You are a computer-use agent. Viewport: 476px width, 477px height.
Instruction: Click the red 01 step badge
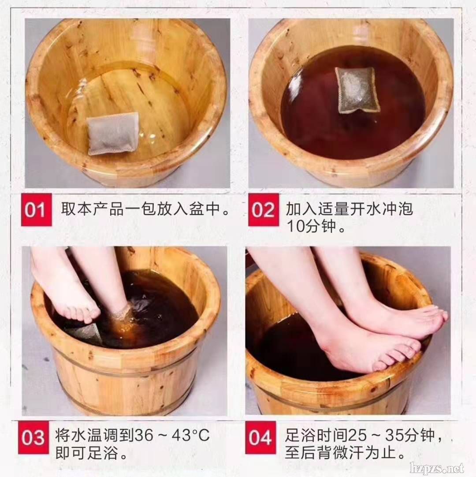[x=36, y=209]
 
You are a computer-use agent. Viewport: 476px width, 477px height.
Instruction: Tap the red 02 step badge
[x=264, y=209]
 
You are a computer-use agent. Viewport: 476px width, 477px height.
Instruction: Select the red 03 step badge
[x=33, y=437]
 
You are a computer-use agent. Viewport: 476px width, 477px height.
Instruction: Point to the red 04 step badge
[x=260, y=437]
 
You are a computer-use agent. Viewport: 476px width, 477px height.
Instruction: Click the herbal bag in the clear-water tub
[x=113, y=133]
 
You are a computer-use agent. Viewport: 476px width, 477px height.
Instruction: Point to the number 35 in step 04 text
[x=395, y=435]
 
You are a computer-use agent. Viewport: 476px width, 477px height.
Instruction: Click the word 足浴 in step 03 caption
[x=103, y=453]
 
